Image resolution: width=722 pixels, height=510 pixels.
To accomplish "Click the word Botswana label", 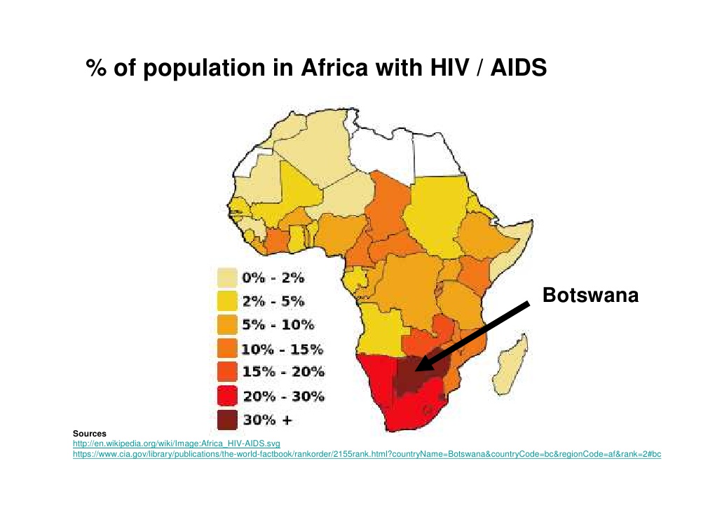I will [591, 296].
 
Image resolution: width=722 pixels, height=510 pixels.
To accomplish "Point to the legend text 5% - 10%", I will [278, 325].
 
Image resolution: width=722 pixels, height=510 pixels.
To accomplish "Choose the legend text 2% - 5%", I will [273, 302].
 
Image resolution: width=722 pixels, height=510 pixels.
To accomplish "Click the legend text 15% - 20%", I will [282, 372].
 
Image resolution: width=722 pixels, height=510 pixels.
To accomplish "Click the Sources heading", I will [89, 434].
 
